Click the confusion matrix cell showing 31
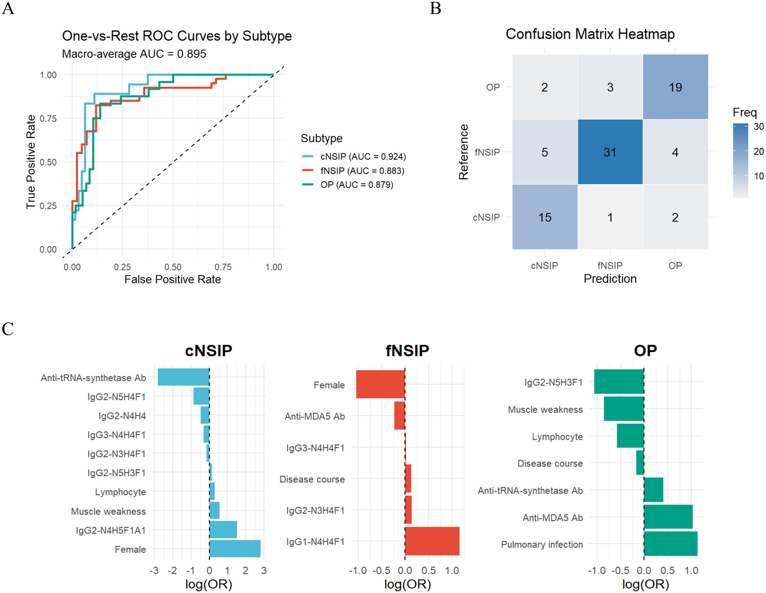(x=610, y=152)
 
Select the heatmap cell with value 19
(x=675, y=87)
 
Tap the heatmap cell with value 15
(x=545, y=217)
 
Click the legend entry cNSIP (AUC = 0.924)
(x=363, y=156)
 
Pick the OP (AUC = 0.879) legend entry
(x=356, y=184)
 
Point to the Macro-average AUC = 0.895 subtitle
(x=134, y=54)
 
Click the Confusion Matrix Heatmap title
(x=590, y=34)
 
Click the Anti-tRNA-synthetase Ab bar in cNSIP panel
(x=184, y=377)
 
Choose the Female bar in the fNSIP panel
(x=381, y=384)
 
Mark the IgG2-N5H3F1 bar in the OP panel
(x=619, y=382)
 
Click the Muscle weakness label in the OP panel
(x=545, y=409)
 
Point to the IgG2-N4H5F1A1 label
(x=111, y=530)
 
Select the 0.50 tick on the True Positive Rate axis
(x=48, y=162)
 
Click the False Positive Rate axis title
(x=173, y=279)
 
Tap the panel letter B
(x=435, y=8)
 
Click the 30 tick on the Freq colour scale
(x=759, y=127)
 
